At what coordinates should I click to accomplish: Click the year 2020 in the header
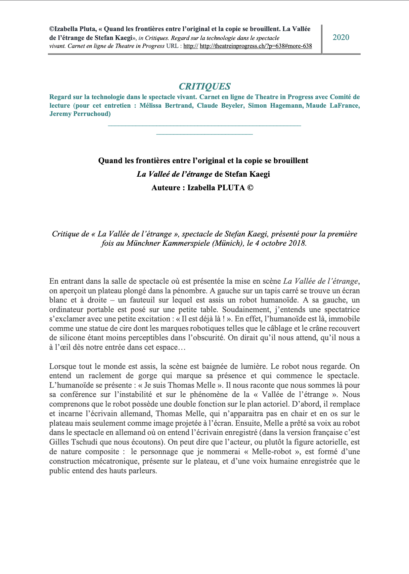(341, 37)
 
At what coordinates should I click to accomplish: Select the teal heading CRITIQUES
(204, 87)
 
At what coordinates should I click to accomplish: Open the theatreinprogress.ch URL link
(255, 46)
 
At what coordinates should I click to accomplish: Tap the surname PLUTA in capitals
(231, 188)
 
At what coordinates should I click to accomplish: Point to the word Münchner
(143, 243)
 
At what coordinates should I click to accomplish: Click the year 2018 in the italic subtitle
(296, 243)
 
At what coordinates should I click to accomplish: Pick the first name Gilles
(59, 442)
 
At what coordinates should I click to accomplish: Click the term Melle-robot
(271, 452)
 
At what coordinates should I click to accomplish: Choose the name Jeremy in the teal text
(61, 114)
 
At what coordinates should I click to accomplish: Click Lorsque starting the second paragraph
(63, 367)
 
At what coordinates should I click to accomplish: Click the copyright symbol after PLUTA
(250, 188)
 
